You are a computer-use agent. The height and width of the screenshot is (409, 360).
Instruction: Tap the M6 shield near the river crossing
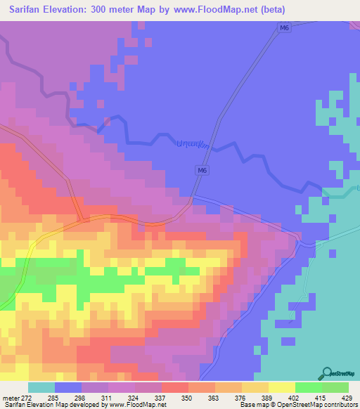click(202, 170)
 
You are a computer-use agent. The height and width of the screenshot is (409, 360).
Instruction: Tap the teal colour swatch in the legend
click(41, 387)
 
